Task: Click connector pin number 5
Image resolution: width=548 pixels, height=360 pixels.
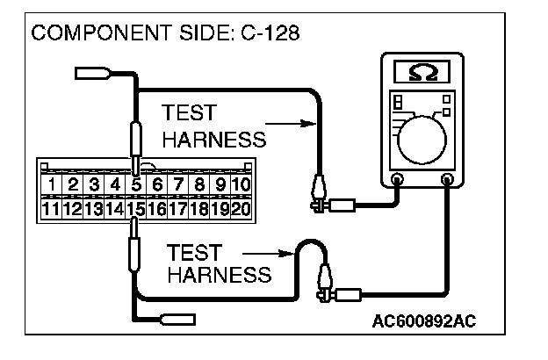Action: point(136,185)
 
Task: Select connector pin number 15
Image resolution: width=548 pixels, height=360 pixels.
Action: point(136,209)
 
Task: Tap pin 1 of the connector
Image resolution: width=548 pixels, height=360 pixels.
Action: point(54,185)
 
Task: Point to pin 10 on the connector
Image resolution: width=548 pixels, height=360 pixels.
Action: point(241,185)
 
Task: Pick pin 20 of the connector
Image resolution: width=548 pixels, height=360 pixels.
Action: point(241,209)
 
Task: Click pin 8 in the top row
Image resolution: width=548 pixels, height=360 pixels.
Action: point(199,185)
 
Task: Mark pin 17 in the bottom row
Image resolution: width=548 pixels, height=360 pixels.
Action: point(178,209)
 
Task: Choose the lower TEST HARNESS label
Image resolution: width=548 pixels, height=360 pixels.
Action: point(218,263)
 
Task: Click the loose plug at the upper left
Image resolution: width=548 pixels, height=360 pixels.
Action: point(92,72)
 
